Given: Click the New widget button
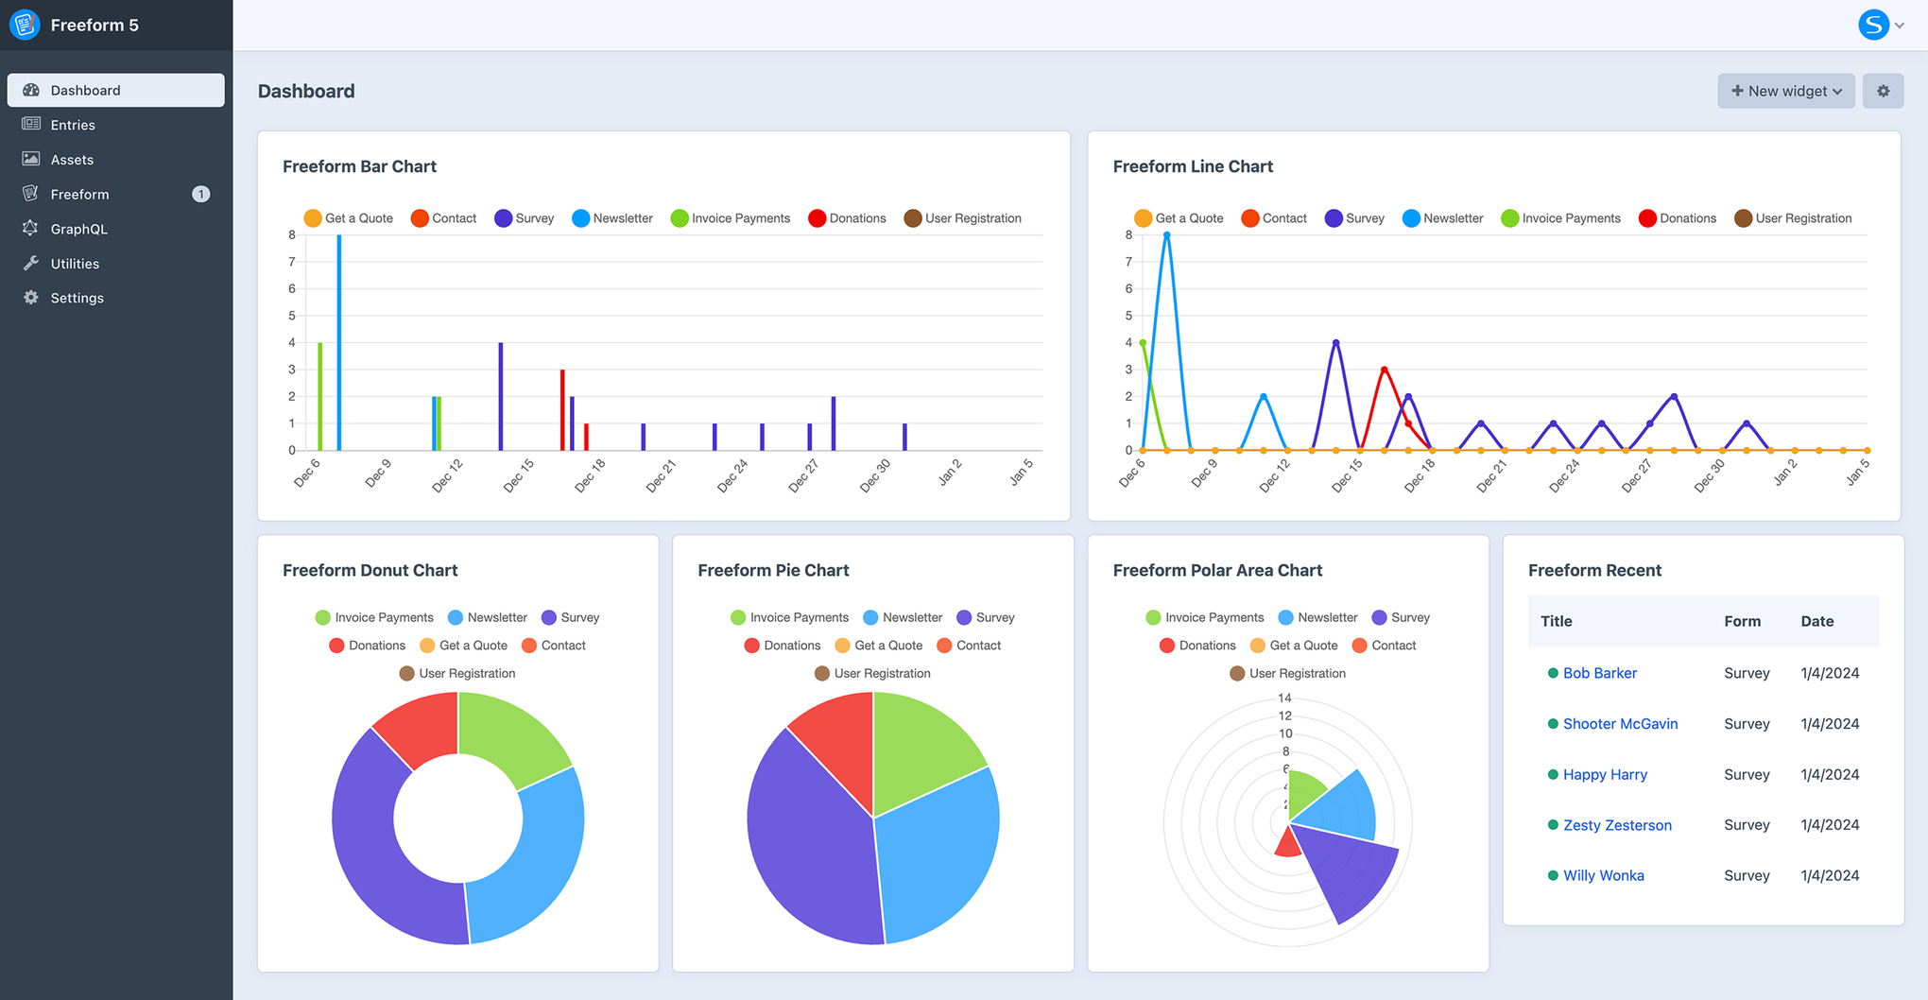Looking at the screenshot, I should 1785,91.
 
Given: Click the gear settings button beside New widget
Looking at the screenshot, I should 1883,91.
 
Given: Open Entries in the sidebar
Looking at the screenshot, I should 73,125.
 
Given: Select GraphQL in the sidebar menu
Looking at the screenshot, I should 78,229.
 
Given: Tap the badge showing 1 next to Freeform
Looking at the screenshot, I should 200,194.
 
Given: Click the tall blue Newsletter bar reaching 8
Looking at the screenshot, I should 339,340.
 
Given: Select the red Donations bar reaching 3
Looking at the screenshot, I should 562,411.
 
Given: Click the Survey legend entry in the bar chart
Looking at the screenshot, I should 525,218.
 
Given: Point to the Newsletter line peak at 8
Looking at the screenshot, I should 1167,235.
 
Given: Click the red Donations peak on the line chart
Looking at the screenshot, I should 1384,370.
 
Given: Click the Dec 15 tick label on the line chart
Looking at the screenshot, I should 1348,474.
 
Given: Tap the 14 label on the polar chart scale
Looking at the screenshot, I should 1284,698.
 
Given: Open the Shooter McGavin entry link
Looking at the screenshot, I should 1620,724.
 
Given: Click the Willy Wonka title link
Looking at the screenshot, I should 1603,875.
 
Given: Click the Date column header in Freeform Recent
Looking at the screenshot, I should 1816,621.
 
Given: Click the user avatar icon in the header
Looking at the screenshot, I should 1873,25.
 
